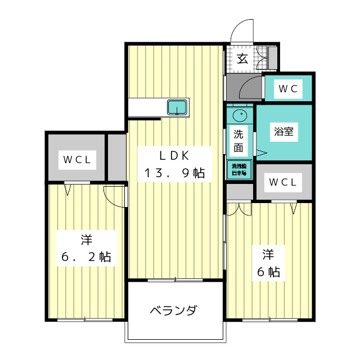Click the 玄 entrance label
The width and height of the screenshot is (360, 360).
click(242, 58)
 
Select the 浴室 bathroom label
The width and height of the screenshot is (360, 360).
click(283, 133)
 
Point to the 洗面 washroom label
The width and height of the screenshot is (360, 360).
click(239, 141)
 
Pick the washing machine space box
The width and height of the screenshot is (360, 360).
click(239, 170)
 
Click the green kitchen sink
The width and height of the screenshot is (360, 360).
click(177, 107)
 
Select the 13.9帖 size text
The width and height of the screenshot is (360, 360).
click(173, 173)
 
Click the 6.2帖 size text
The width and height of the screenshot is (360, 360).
click(86, 258)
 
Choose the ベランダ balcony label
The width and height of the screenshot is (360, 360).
click(173, 310)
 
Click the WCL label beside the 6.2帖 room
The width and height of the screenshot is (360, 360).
click(76, 159)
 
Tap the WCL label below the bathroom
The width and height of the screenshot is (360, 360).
click(283, 182)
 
